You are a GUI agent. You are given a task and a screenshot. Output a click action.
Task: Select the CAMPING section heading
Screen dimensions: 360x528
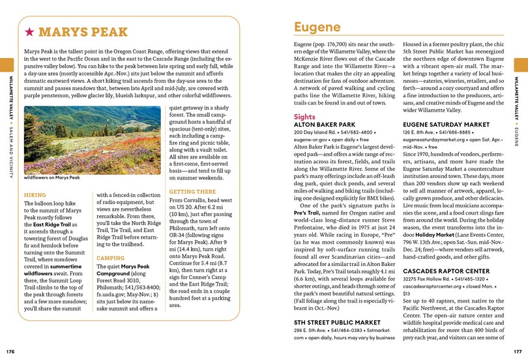tap(110, 258)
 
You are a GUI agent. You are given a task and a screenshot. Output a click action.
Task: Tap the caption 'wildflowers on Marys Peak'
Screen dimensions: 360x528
tap(51, 177)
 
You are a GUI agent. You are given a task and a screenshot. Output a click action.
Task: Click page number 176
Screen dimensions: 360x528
tap(10, 352)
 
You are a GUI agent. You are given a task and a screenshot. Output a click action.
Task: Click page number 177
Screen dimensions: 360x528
tap(518, 352)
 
